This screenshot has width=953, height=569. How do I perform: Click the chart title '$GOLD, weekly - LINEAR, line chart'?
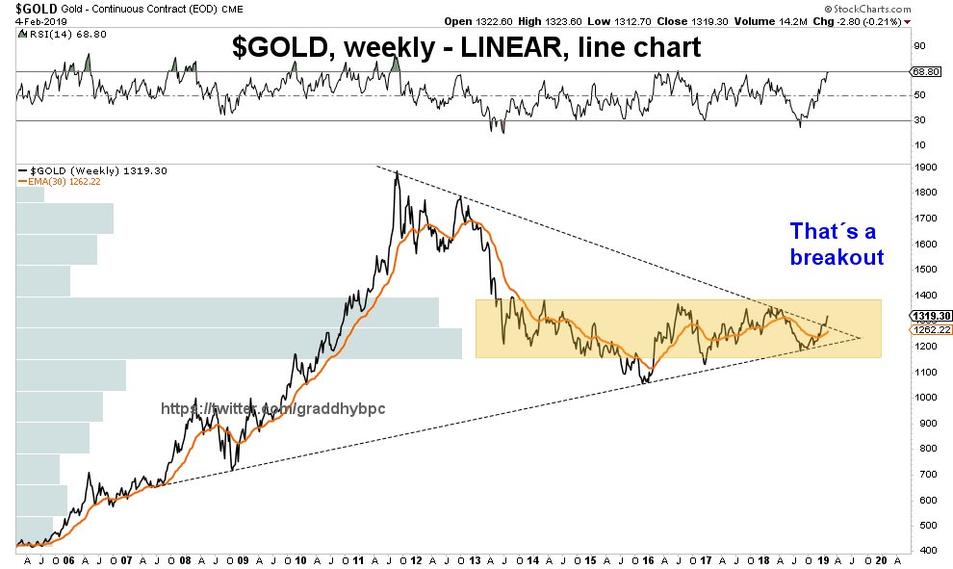click(x=469, y=49)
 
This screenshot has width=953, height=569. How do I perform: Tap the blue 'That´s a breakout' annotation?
click(x=837, y=245)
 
